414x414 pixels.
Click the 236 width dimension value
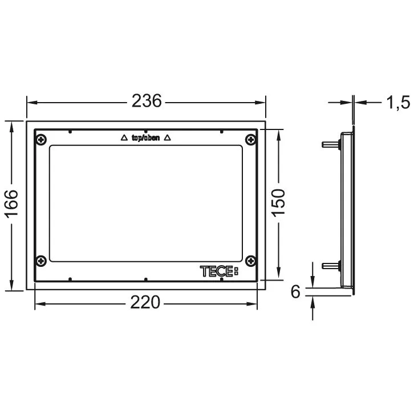[147, 101]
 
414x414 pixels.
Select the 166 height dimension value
[11, 204]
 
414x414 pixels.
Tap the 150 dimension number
[278, 203]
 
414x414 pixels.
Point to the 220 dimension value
[145, 302]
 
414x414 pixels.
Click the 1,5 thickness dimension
[398, 102]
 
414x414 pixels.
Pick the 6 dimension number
[296, 291]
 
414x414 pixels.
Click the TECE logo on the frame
[219, 271]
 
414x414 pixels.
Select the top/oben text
[146, 138]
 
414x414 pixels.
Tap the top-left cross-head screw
[41, 139]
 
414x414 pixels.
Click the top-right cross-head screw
[250, 139]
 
